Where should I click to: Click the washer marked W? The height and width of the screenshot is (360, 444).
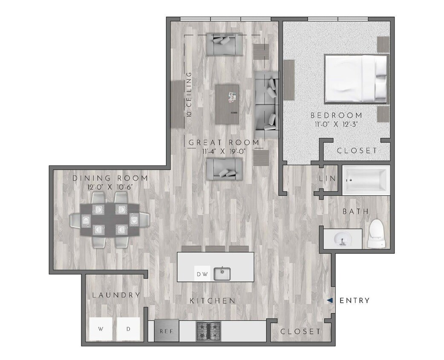click(x=101, y=329)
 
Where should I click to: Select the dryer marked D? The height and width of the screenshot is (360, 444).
click(x=128, y=329)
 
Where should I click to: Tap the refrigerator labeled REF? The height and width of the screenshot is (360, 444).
click(x=166, y=331)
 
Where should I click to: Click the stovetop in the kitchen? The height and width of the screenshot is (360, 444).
click(x=208, y=331)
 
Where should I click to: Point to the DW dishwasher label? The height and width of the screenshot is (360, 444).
click(x=202, y=274)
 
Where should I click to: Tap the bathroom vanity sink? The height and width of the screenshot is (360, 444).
click(x=342, y=239)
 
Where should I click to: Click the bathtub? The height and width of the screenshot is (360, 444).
click(x=367, y=180)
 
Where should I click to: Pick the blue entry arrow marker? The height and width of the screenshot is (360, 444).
click(x=330, y=301)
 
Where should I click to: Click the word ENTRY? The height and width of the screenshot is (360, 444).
click(x=354, y=301)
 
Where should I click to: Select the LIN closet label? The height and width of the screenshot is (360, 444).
click(x=328, y=179)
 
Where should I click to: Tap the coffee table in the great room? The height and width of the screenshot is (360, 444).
click(x=227, y=104)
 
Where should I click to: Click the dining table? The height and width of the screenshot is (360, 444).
click(x=110, y=219)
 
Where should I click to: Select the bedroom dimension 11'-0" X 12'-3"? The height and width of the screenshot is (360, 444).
click(x=336, y=125)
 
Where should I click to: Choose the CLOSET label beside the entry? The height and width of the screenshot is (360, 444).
click(x=300, y=331)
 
